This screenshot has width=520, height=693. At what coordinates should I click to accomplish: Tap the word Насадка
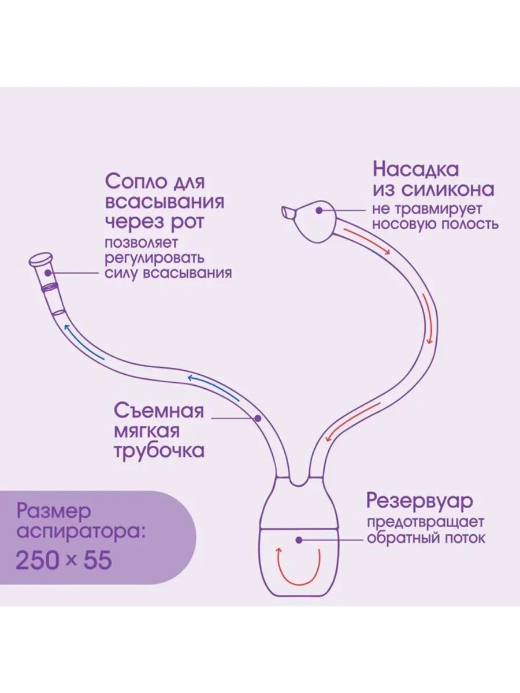click(416, 169)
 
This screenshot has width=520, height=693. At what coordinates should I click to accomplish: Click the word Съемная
click(159, 411)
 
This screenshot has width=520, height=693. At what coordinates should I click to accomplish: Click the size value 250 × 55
click(64, 560)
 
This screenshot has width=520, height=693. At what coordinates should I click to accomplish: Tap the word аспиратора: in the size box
click(80, 531)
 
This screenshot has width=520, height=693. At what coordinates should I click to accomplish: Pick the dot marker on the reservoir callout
click(299, 539)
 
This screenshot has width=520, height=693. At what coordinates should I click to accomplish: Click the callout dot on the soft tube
click(258, 417)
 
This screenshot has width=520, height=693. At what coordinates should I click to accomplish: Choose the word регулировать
click(154, 258)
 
